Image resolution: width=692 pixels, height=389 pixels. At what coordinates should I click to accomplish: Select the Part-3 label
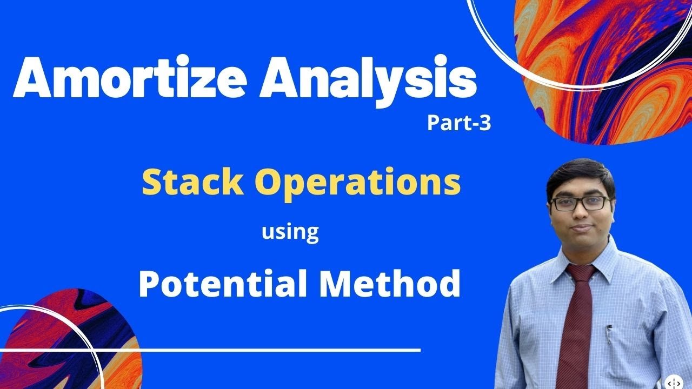click(458, 124)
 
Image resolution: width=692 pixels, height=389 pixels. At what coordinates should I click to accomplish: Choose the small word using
click(290, 232)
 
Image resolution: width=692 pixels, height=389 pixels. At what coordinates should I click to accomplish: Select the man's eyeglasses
click(579, 204)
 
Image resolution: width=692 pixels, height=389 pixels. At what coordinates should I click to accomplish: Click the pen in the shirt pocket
click(609, 335)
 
